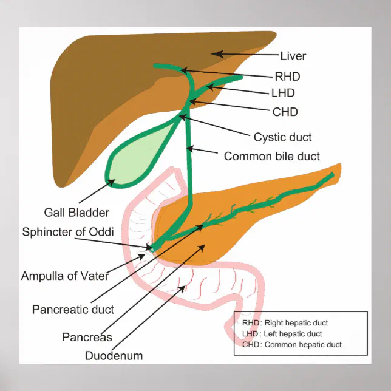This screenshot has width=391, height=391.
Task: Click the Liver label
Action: click(x=293, y=56)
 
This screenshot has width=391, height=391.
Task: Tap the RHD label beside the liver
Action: click(x=287, y=76)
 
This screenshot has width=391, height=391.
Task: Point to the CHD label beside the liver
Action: click(x=285, y=112)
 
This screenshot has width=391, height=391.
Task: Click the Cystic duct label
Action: click(x=283, y=137)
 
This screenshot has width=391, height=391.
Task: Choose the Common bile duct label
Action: click(x=271, y=156)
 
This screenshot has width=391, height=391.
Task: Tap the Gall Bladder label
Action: click(x=76, y=212)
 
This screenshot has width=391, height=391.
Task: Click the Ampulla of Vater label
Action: click(x=65, y=276)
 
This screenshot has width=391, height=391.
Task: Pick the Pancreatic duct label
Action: click(x=73, y=310)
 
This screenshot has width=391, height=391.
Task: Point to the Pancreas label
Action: click(x=87, y=337)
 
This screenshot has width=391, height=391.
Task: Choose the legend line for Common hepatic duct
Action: click(x=291, y=345)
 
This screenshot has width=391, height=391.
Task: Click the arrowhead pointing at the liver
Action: click(x=214, y=55)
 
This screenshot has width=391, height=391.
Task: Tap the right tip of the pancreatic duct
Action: click(x=332, y=175)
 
